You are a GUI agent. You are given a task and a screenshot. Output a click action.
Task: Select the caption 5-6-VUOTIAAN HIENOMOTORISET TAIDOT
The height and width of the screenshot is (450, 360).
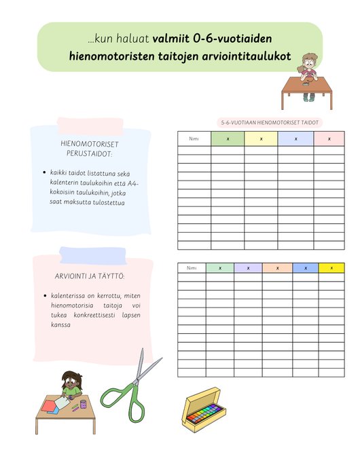270,123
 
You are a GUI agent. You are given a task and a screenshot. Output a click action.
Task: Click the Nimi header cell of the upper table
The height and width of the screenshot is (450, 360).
194,139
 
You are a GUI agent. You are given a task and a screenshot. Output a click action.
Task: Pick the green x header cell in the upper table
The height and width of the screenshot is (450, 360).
228,139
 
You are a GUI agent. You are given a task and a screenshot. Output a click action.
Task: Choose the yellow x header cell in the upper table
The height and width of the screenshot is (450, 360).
262,139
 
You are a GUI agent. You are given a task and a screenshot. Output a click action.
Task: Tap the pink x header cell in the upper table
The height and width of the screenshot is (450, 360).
330,139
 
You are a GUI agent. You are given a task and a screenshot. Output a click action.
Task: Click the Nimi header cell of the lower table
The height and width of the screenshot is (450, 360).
192,268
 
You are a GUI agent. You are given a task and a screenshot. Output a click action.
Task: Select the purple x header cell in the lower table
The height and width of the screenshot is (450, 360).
248,268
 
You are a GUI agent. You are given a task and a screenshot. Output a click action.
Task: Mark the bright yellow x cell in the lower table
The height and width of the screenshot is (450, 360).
331,268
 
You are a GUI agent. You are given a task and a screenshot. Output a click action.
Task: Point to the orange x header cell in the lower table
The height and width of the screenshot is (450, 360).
276,268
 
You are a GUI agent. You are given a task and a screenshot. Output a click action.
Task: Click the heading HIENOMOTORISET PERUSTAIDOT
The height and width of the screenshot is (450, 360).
90,149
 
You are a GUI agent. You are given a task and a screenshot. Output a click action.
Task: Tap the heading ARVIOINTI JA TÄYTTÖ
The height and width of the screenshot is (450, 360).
90,276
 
